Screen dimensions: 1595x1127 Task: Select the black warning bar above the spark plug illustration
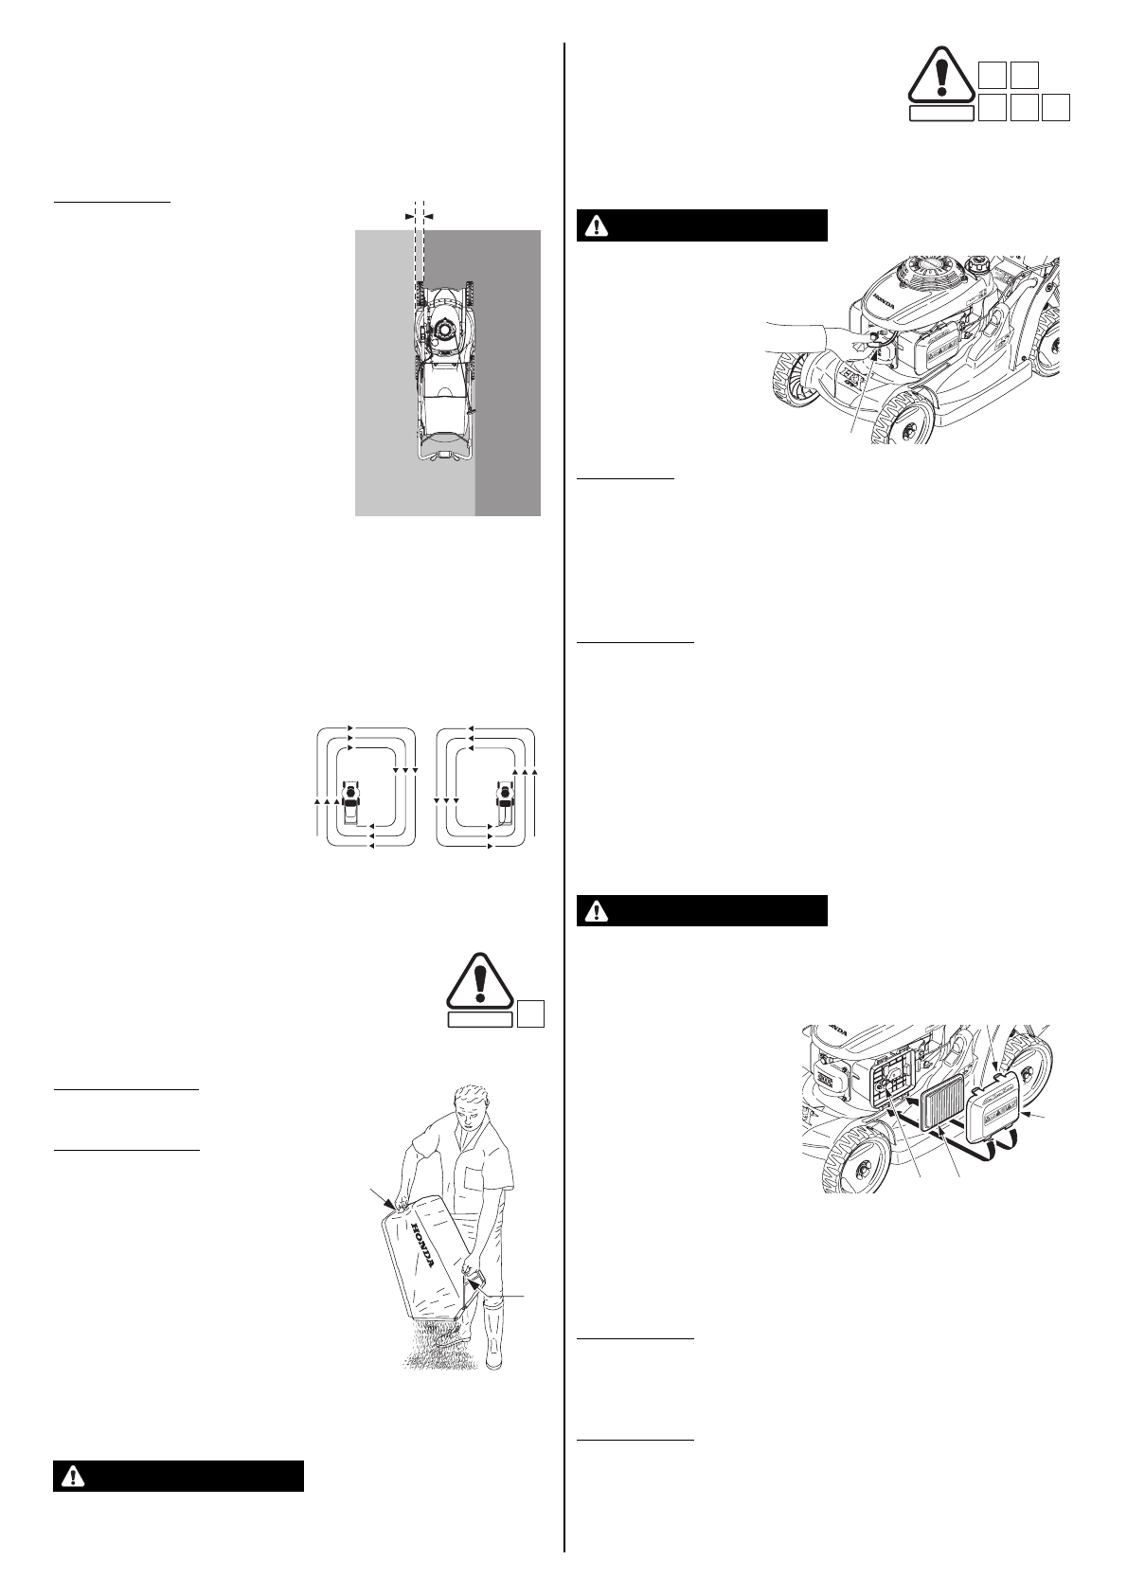point(703,225)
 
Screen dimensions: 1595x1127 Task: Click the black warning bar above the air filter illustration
point(703,910)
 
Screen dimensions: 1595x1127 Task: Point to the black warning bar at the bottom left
point(178,1477)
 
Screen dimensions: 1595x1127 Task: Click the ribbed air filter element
point(948,1114)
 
